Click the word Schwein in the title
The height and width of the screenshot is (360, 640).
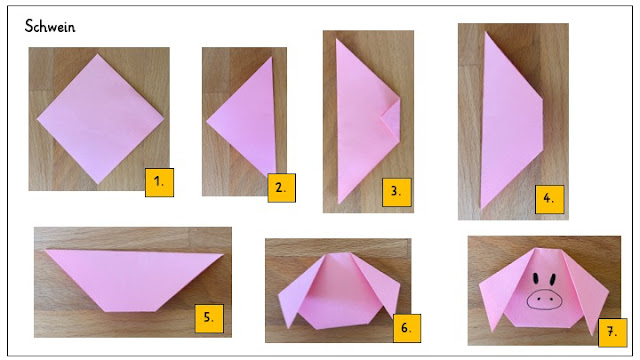[x=50, y=27]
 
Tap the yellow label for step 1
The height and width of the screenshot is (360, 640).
[x=159, y=182]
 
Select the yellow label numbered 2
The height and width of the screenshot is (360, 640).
[x=281, y=188]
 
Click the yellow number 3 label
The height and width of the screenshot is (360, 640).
[x=396, y=192]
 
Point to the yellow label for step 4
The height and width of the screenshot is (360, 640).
[x=549, y=199]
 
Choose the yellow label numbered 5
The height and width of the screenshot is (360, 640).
[x=209, y=318]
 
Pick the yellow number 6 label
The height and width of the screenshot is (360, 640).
[x=407, y=328]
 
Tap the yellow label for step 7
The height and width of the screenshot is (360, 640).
[x=612, y=333]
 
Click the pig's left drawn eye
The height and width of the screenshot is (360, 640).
[x=536, y=280]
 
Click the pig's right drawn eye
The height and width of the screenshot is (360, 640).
[x=552, y=280]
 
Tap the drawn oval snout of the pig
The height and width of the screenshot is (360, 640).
[x=544, y=299]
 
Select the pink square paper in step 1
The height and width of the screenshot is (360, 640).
[x=100, y=119]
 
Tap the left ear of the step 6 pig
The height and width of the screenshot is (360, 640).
[x=297, y=292]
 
